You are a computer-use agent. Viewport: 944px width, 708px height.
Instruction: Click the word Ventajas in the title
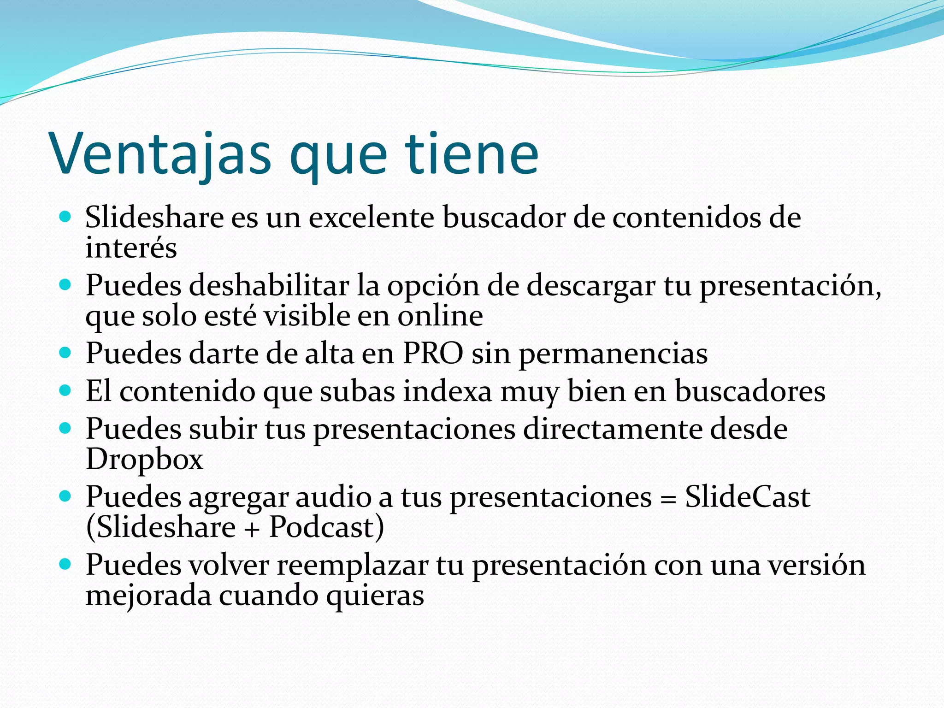click(x=161, y=154)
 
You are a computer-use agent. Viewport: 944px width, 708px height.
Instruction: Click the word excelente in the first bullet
click(x=371, y=218)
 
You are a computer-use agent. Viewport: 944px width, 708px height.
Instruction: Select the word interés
click(x=131, y=248)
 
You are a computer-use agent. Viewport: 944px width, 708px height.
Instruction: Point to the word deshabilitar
click(x=269, y=286)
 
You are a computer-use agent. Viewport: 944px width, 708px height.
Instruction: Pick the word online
click(x=440, y=316)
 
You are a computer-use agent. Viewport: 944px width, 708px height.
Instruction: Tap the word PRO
click(x=433, y=354)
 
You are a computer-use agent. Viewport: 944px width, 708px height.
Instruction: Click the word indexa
click(x=448, y=392)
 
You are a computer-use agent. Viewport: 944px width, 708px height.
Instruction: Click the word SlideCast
click(x=747, y=497)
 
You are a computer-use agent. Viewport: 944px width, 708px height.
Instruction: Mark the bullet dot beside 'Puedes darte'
click(x=65, y=353)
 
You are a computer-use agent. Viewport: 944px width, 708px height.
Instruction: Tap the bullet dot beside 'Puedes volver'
click(x=65, y=564)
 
